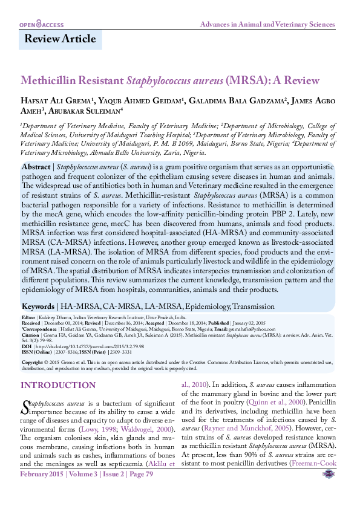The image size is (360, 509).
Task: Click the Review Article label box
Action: [x=60, y=39]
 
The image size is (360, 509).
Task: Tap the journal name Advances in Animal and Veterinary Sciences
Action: [x=267, y=25]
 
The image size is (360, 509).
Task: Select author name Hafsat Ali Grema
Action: [x=55, y=100]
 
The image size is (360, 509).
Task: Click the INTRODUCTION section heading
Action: [x=58, y=386]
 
